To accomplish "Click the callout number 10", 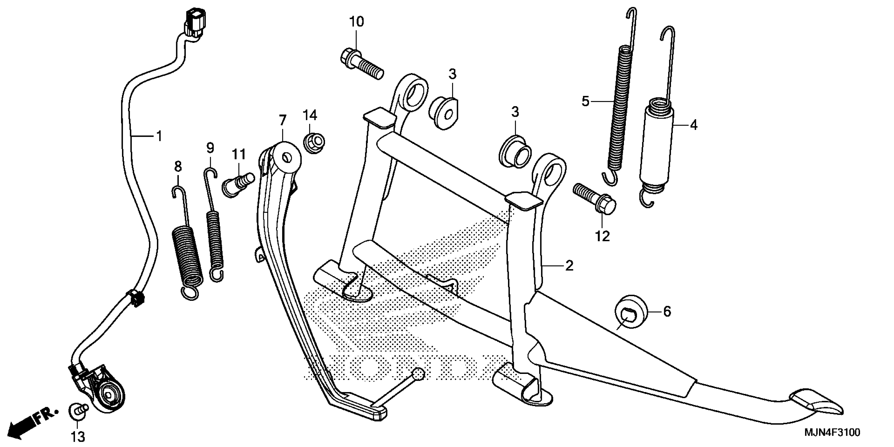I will [357, 22].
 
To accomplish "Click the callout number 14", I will [310, 115].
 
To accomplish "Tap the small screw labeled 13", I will [78, 412].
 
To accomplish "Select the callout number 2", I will [569, 266].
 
